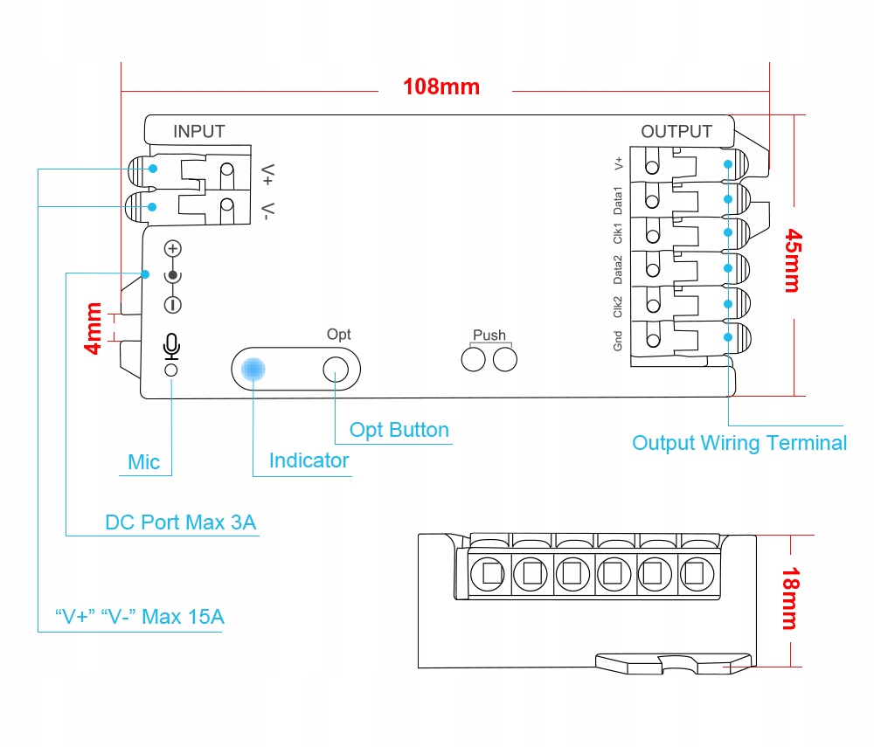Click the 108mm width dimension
coord(440,86)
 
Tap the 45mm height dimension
coord(794,260)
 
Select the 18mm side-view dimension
coord(791,598)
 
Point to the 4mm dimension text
coord(94,329)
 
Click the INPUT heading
coord(199,131)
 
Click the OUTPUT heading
coord(676,131)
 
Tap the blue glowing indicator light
coord(253,369)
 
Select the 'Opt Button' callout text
coord(399,430)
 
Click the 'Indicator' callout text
coord(309,460)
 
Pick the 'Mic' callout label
coord(144,462)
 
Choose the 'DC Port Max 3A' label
coord(181,522)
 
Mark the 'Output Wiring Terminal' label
coord(739,444)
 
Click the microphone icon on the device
coord(171,347)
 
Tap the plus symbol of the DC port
coord(173,248)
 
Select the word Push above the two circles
coord(489,335)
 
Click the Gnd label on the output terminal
coord(618,341)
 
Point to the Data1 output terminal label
coord(618,201)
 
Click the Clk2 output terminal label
coord(618,307)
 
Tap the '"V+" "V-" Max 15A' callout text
coord(139,617)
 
